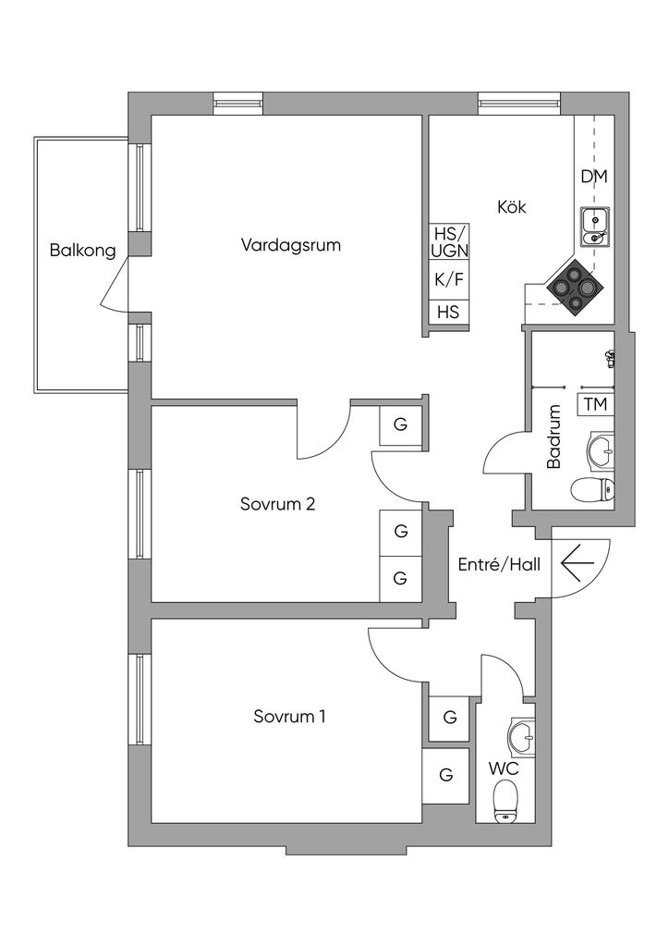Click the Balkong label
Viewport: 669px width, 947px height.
[x=83, y=250]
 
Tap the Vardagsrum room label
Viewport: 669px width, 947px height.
[x=291, y=245]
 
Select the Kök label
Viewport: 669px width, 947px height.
[x=511, y=207]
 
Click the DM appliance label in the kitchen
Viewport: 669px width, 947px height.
[x=594, y=176]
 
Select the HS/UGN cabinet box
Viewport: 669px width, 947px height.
[x=449, y=242]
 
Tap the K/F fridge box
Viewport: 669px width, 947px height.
[x=449, y=278]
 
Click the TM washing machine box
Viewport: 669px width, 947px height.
[x=596, y=404]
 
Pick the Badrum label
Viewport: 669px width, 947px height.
[x=554, y=437]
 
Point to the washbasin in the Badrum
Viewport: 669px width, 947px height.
[x=600, y=450]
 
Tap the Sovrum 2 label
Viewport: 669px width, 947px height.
[x=278, y=504]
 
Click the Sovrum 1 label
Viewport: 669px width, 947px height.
[x=289, y=717]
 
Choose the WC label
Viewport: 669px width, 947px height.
[x=503, y=769]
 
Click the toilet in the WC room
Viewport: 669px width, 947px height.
[x=505, y=800]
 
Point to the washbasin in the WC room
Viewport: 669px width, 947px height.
[x=519, y=737]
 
